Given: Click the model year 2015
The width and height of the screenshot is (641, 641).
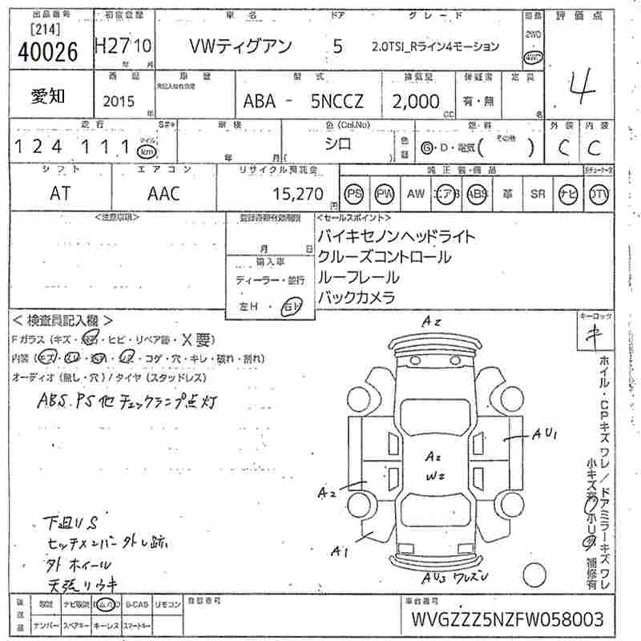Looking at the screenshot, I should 119,102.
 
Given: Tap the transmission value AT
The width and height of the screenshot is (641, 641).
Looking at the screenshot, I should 61,194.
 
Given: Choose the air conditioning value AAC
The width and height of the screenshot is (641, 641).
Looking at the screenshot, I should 163,194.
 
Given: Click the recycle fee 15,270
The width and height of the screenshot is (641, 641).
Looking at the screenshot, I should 297,194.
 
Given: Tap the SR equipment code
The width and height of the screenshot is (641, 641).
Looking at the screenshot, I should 538,194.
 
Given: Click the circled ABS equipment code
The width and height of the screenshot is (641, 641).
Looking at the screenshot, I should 477,194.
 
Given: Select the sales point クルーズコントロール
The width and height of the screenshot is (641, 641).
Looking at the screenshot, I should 384,257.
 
